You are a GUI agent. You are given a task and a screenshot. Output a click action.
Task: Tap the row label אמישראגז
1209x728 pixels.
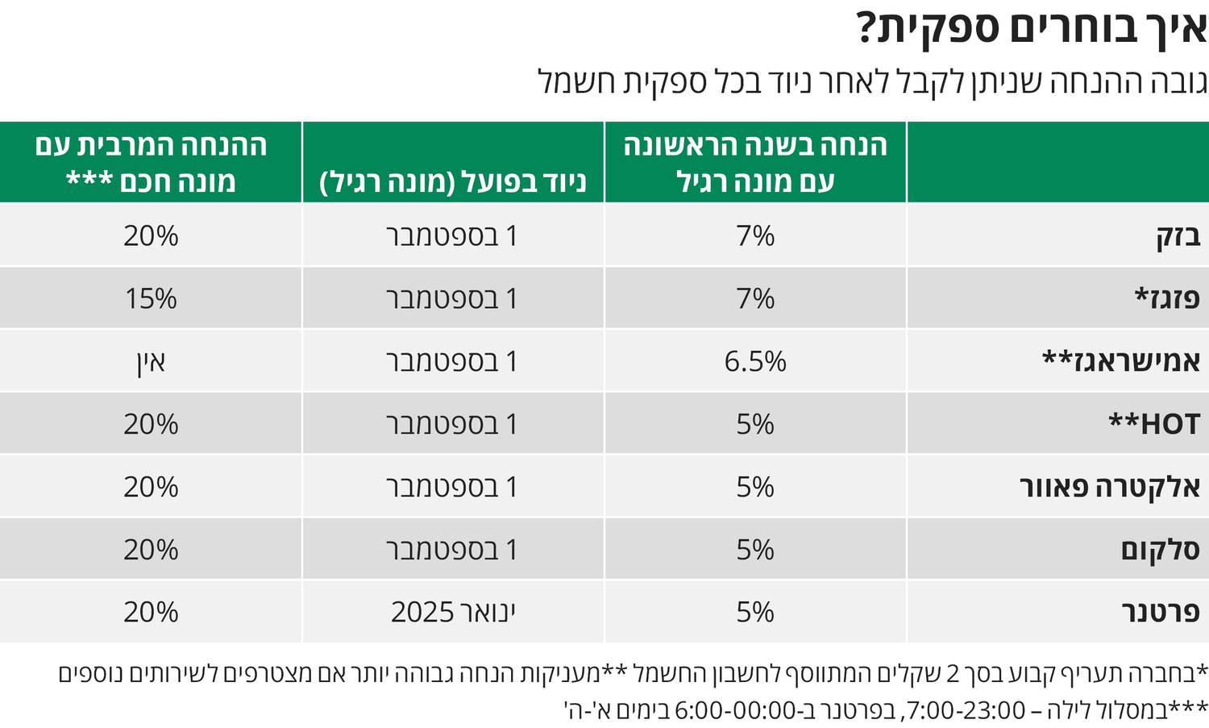tap(1121, 361)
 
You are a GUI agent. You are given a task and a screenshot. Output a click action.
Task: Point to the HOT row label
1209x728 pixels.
tap(1154, 424)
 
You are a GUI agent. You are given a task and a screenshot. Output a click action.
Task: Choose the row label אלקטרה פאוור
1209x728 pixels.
tap(1110, 487)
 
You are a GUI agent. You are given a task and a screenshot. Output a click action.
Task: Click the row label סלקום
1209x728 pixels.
tap(1160, 550)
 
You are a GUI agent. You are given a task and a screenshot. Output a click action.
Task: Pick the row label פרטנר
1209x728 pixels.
tap(1161, 613)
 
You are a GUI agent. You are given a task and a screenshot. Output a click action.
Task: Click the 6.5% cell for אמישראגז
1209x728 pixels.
tap(755, 361)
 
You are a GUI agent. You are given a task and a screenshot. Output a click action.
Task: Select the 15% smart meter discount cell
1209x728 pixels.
tap(151, 298)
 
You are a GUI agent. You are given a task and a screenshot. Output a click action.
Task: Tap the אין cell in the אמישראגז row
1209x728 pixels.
tap(151, 361)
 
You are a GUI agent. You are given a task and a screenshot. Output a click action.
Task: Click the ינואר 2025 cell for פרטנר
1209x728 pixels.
tap(453, 613)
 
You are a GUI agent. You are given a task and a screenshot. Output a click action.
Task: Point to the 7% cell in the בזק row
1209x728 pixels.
tap(755, 236)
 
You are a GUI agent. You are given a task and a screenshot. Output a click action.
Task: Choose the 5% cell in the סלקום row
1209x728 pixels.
tap(755, 550)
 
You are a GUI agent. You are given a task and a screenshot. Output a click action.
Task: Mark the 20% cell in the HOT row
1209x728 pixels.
tap(151, 424)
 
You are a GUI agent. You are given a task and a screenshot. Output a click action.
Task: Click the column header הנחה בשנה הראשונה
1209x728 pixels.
tap(755, 162)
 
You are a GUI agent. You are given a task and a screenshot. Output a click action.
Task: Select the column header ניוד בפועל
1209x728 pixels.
tap(453, 182)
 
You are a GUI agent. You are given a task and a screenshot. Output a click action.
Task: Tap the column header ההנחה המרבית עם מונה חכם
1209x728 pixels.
tap(151, 162)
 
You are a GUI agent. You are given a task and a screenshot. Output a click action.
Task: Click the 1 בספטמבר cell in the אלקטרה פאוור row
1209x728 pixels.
tap(453, 487)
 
